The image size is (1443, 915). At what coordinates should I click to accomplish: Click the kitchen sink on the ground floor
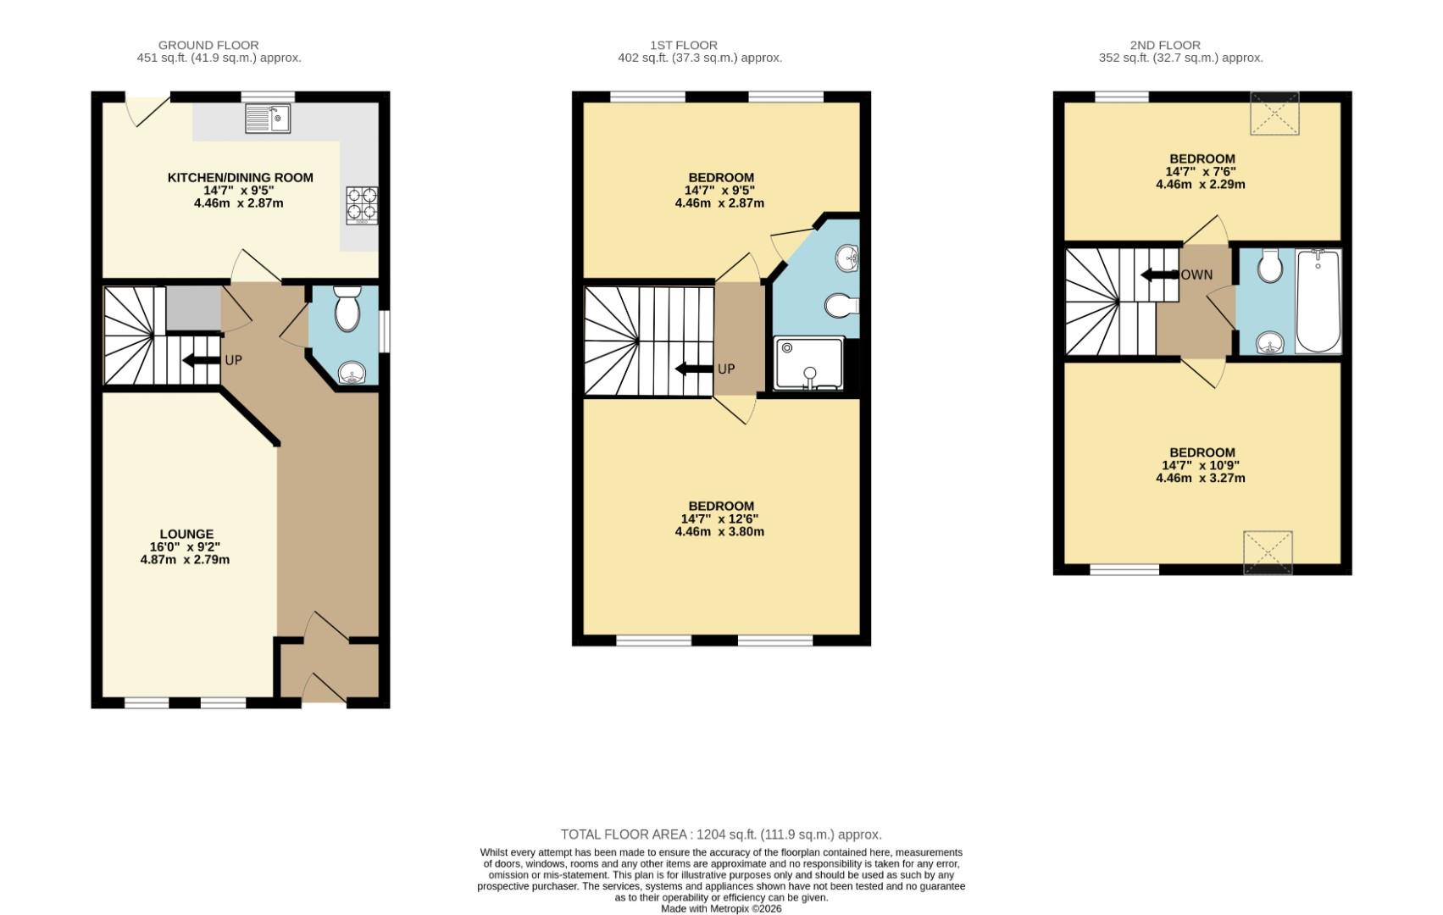point(268,119)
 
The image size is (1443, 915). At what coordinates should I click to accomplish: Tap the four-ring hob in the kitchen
point(362,205)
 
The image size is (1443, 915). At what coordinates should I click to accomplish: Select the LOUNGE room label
point(186,534)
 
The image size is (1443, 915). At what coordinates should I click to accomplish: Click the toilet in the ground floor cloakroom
point(347,310)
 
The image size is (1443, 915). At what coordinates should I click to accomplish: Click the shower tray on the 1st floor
point(808,363)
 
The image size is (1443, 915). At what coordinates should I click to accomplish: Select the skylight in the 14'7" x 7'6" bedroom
point(1274,114)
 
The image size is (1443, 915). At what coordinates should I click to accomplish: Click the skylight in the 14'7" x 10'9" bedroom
point(1268,552)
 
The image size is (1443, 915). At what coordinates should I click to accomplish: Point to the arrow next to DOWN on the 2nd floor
point(1159,275)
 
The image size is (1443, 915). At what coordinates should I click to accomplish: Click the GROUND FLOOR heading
point(208,45)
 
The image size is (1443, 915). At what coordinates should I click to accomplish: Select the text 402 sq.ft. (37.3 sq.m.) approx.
point(700,58)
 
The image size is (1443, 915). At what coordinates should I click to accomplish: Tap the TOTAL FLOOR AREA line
point(721,835)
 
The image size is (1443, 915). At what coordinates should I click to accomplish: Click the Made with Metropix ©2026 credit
point(721,909)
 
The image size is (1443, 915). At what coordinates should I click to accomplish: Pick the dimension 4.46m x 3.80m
point(719,532)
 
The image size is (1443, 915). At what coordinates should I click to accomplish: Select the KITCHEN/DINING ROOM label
point(240,178)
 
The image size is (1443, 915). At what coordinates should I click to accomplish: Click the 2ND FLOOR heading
point(1165,45)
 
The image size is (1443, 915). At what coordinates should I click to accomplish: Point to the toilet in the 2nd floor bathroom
point(1269,267)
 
